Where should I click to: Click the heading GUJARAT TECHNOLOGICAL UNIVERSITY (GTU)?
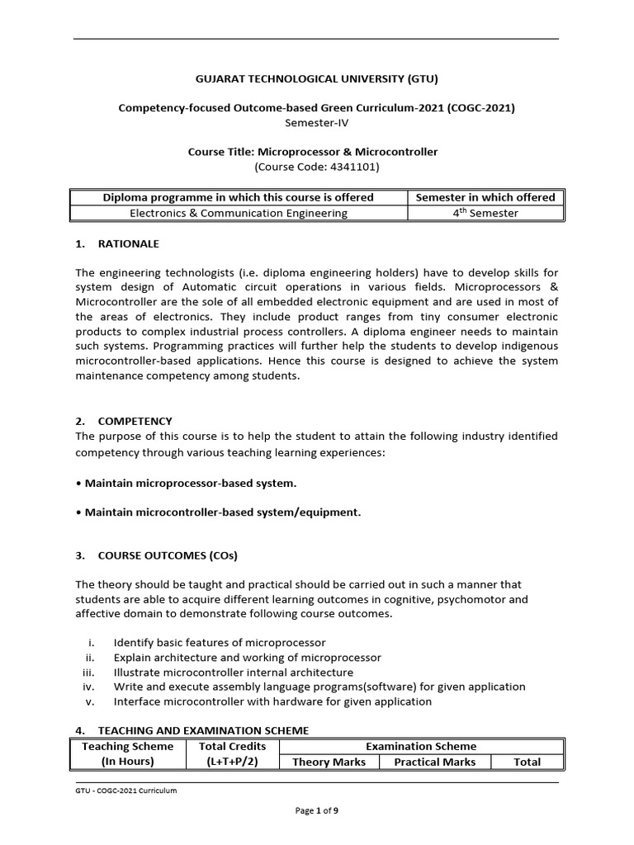click(317, 79)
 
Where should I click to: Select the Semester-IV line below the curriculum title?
click(317, 121)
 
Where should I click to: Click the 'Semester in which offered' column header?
click(485, 197)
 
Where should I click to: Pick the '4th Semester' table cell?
click(485, 213)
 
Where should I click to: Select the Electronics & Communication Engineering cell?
click(239, 213)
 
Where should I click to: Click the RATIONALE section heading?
click(128, 244)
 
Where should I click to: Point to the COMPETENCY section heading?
click(135, 421)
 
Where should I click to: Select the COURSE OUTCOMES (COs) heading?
click(168, 555)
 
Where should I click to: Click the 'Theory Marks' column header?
click(329, 762)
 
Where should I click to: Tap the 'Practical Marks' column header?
click(434, 762)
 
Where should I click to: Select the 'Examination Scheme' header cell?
click(421, 746)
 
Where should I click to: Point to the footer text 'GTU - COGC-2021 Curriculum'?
click(125, 791)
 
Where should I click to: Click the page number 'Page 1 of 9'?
click(317, 811)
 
